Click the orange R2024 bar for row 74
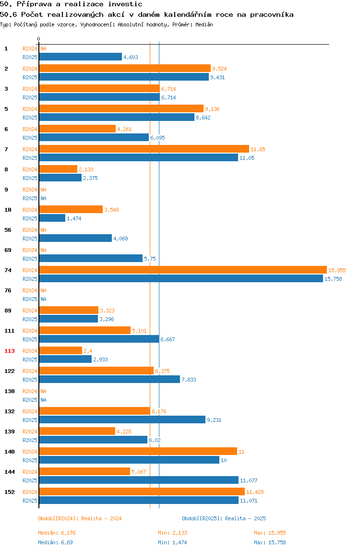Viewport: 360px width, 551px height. [183, 270]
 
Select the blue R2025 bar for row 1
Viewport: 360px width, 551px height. [81, 57]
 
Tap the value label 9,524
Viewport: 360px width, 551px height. [219, 69]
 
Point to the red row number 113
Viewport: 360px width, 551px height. [10, 351]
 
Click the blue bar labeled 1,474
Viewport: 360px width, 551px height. [52, 218]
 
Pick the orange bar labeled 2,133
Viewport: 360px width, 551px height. [58, 169]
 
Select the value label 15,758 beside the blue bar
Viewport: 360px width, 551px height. [333, 279]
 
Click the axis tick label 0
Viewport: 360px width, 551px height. [39, 39]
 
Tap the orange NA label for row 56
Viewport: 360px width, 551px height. [43, 230]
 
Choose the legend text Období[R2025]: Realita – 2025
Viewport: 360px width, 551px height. [224, 518]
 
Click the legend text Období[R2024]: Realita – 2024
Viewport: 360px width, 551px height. [80, 518]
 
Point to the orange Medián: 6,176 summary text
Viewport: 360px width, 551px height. [57, 533]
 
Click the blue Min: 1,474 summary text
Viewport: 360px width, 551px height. [172, 542]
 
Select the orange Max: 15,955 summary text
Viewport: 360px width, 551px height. [270, 533]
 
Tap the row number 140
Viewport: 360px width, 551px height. [10, 452]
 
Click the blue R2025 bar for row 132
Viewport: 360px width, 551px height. [122, 419]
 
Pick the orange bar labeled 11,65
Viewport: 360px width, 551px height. [144, 149]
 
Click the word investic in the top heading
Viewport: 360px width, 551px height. [125, 4]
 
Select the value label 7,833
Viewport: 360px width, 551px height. [189, 380]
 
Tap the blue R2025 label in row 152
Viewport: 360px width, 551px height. [30, 501]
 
